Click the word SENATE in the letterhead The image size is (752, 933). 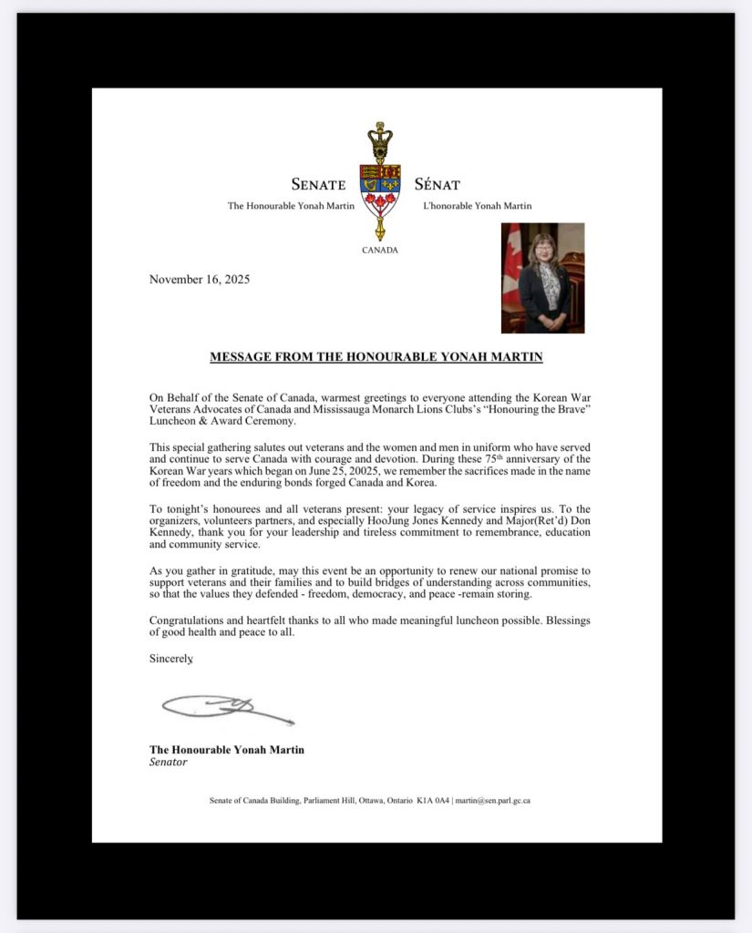318,185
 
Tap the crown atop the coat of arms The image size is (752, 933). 379,139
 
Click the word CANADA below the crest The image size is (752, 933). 379,250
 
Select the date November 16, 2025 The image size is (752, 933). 199,280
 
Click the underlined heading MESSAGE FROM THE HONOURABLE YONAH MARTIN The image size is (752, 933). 376,357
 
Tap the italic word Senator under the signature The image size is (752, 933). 169,762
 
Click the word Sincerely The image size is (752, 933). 170,658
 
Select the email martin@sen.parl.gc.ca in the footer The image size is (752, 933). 492,801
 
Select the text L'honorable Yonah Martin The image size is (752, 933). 478,206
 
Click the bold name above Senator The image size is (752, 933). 227,749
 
